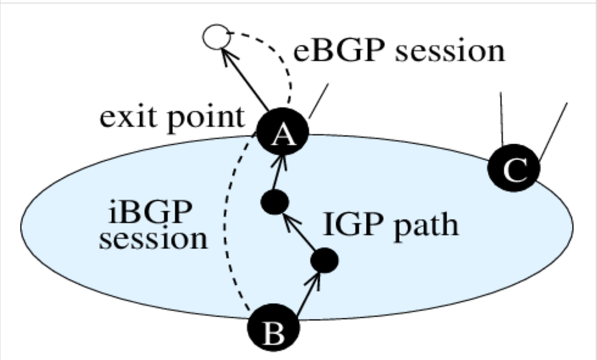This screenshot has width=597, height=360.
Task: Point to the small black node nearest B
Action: pos(324,260)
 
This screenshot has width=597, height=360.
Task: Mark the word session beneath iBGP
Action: pos(153,239)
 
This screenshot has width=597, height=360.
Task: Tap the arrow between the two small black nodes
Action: pos(298,232)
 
